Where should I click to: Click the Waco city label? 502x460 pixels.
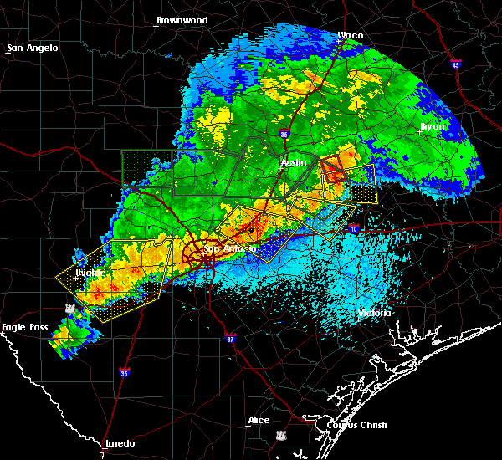point(351,36)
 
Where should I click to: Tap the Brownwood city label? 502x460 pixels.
point(181,19)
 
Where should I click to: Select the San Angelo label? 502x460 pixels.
point(33,48)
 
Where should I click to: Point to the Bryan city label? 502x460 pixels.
point(433,126)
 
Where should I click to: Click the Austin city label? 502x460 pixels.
point(293,161)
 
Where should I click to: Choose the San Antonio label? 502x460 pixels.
point(230,248)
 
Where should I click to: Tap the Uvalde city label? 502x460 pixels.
point(90,273)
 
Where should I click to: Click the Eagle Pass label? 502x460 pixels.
point(23,327)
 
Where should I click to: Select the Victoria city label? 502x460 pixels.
point(373,313)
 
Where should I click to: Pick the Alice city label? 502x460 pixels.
point(259,420)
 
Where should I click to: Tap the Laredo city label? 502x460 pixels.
point(120,443)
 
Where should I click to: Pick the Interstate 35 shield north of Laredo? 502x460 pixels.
point(124,372)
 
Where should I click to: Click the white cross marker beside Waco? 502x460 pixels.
point(338,41)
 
